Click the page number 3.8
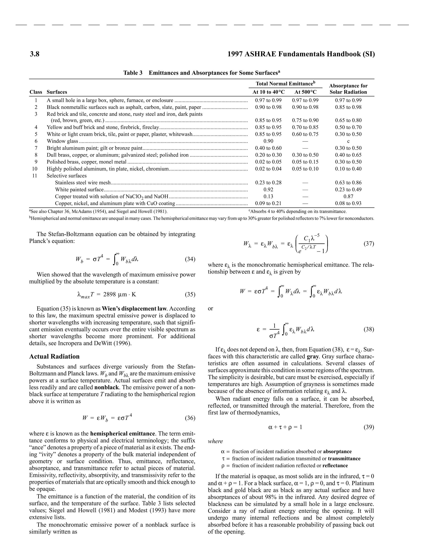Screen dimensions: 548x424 [35, 54]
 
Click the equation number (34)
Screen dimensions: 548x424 [190, 259]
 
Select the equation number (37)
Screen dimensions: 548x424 [369, 243]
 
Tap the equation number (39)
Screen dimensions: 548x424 [369, 427]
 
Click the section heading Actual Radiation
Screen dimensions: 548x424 [54, 357]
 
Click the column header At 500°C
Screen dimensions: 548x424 [305, 92]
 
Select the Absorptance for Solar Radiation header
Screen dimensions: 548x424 [348, 89]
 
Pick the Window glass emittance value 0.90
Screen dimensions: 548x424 [268, 141]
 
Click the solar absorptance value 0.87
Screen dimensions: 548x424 [348, 196]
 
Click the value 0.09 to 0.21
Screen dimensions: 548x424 [268, 203]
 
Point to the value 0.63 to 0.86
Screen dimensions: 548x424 [348, 183]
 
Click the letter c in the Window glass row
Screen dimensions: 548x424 [348, 141]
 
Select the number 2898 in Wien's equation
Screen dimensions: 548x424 [110, 294]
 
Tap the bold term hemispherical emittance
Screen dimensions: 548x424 [122, 434]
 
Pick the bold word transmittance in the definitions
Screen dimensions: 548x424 [344, 459]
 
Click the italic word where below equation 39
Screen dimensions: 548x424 [215, 441]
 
